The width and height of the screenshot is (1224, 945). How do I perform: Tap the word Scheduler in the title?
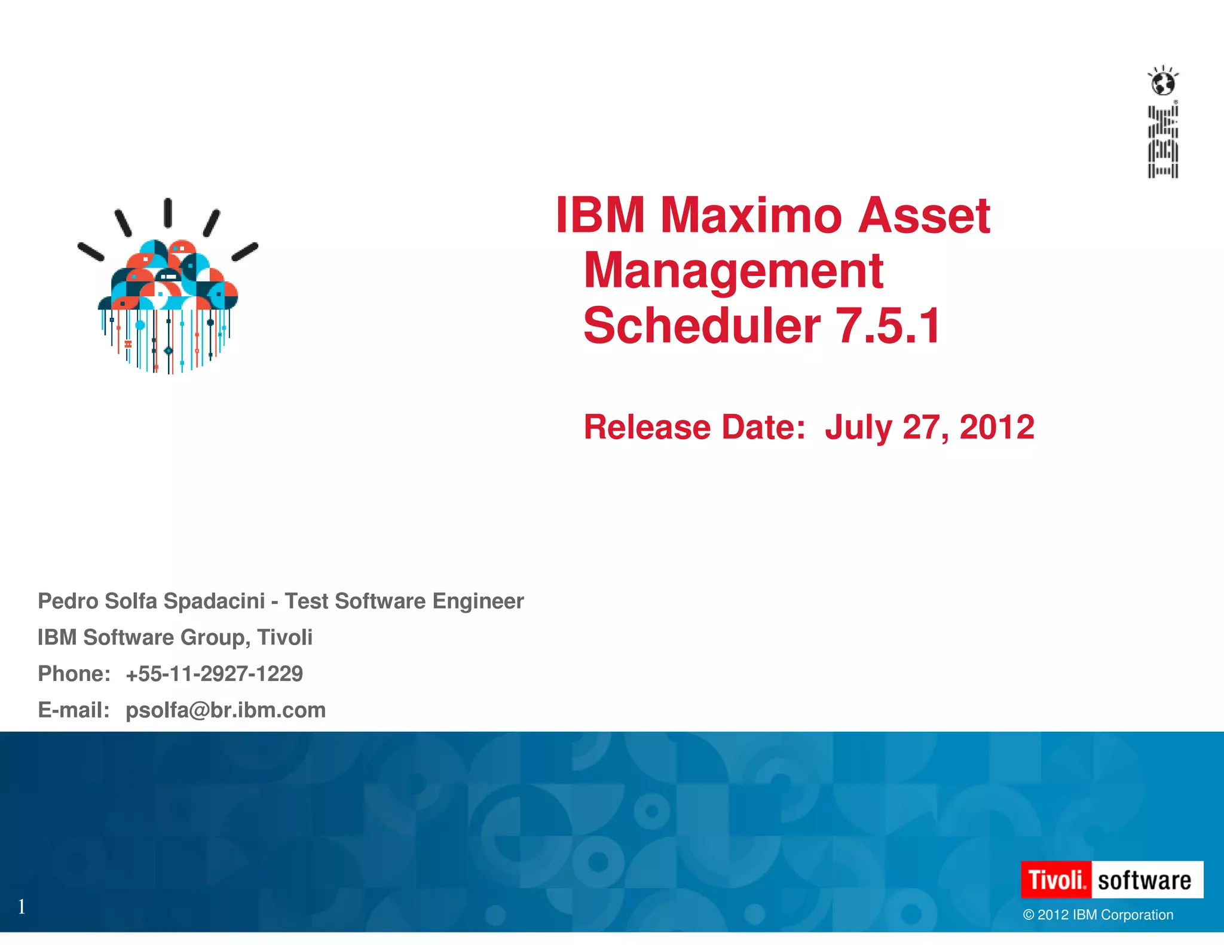click(702, 326)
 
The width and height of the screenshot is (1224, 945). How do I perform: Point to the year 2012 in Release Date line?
click(996, 427)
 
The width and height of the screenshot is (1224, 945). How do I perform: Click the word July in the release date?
click(858, 427)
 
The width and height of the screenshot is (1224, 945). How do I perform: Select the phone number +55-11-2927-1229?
click(214, 674)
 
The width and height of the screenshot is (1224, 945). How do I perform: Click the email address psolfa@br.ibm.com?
click(225, 710)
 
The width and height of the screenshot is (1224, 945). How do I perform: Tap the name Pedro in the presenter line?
click(68, 601)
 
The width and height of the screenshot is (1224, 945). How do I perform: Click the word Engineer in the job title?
click(478, 601)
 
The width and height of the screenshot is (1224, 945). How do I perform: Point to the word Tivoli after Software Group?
click(284, 637)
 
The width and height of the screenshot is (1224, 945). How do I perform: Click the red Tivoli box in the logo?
click(1056, 880)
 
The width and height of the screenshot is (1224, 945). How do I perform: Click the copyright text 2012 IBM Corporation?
click(1098, 915)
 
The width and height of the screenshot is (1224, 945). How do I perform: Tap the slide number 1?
click(22, 907)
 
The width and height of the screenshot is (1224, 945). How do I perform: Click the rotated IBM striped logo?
click(1163, 142)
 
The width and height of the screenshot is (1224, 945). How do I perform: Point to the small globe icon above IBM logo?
click(1163, 82)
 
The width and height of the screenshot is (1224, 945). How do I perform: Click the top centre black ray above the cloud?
click(168, 213)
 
